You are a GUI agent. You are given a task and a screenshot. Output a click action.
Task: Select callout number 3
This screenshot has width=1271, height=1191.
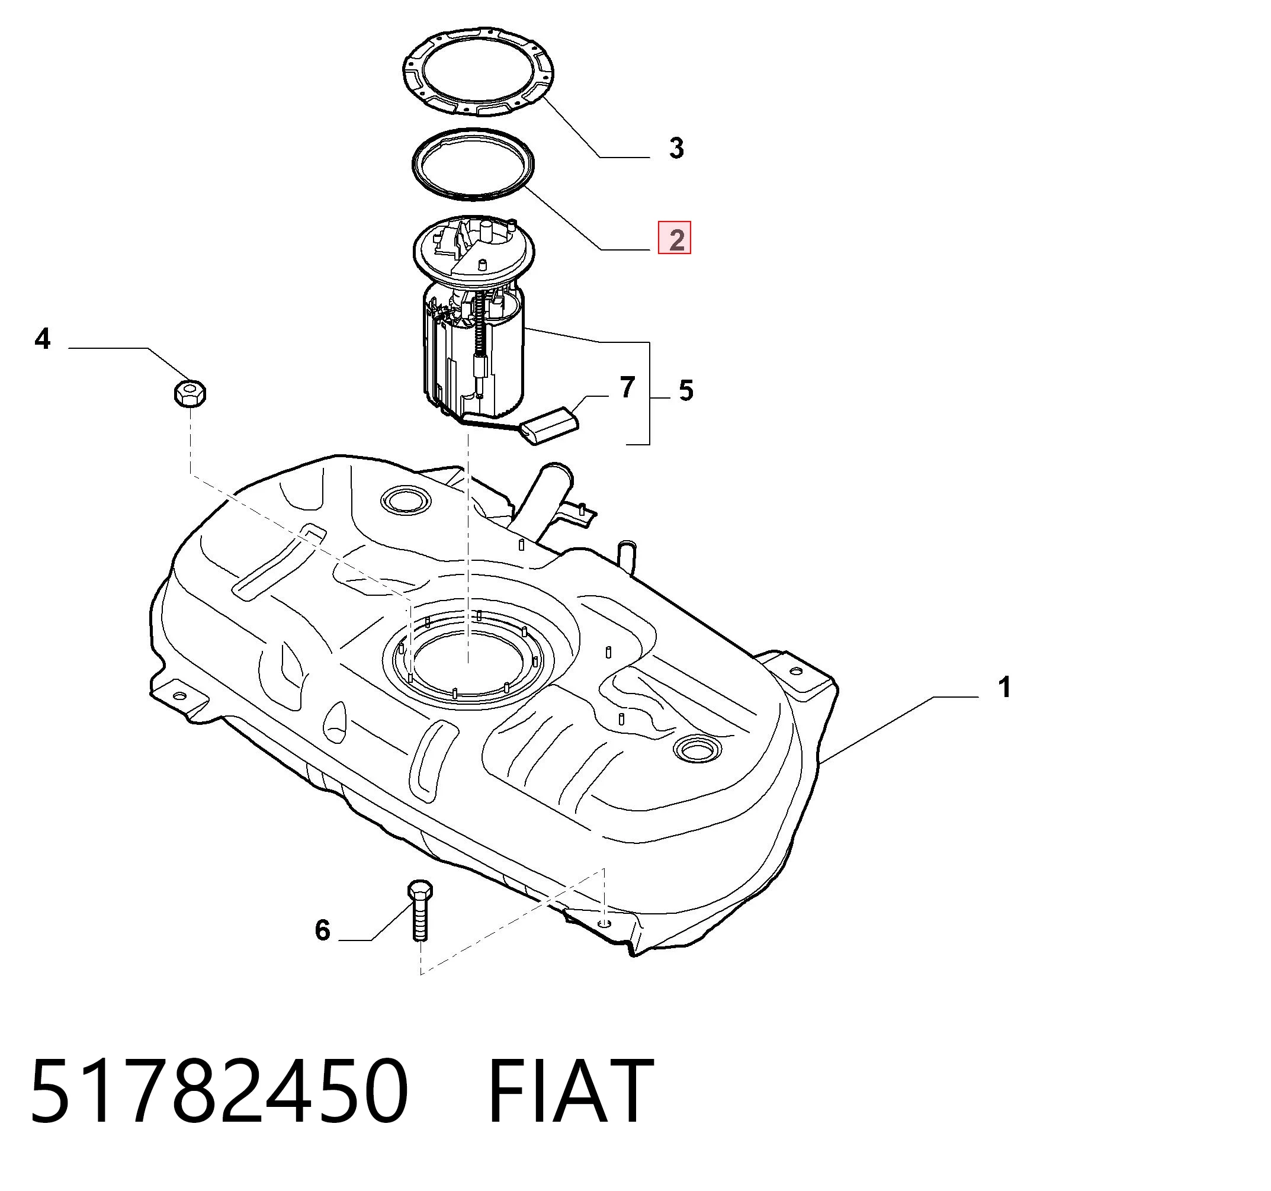[x=676, y=148]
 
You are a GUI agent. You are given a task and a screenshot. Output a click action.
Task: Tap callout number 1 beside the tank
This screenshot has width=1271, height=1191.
[x=1004, y=687]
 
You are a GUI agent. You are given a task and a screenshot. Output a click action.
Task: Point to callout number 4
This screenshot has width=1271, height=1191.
[x=42, y=339]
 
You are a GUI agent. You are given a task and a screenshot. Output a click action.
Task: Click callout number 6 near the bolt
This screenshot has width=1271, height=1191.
[x=322, y=930]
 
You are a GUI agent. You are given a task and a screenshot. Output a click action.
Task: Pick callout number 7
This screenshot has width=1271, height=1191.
[x=628, y=387]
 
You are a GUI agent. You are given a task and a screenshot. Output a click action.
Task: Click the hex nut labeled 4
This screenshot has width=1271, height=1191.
[x=190, y=393]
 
